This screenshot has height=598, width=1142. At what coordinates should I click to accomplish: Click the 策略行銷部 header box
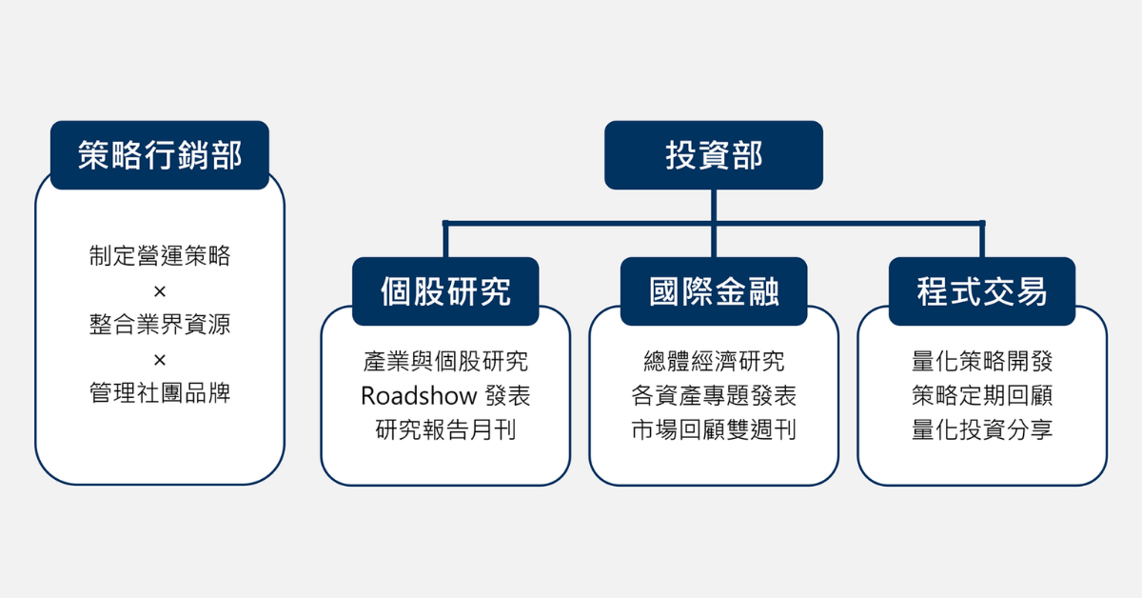(x=160, y=155)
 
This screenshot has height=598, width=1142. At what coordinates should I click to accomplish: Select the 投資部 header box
(x=714, y=155)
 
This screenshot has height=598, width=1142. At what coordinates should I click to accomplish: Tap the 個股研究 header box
(x=445, y=291)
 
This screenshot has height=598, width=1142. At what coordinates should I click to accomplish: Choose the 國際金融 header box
(x=714, y=291)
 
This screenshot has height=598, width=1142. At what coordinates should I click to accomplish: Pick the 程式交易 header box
(x=982, y=291)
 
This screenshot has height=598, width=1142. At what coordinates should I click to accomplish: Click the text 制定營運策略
(x=160, y=256)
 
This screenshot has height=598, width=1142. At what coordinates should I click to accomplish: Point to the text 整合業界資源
(x=160, y=326)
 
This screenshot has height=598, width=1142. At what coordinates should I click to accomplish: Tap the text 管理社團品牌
(x=160, y=394)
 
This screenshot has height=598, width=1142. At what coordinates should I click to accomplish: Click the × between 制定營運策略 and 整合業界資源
(x=160, y=290)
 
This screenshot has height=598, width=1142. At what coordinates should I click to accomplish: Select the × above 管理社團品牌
(x=160, y=360)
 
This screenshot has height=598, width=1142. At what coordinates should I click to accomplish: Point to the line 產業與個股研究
(x=445, y=362)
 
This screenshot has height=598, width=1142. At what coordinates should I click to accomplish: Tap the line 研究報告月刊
(x=445, y=430)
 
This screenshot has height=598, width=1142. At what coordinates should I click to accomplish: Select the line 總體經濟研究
(x=714, y=362)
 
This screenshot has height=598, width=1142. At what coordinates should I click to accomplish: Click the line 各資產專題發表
(x=714, y=396)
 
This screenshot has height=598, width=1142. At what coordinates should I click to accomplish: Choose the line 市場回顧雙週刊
(x=714, y=430)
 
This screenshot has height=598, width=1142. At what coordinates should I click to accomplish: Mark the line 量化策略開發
(x=982, y=362)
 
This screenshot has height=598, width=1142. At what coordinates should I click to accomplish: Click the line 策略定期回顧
(x=982, y=396)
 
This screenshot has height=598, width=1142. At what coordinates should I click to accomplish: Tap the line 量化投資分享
(x=982, y=430)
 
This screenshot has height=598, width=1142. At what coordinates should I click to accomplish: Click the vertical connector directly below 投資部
(x=714, y=206)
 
